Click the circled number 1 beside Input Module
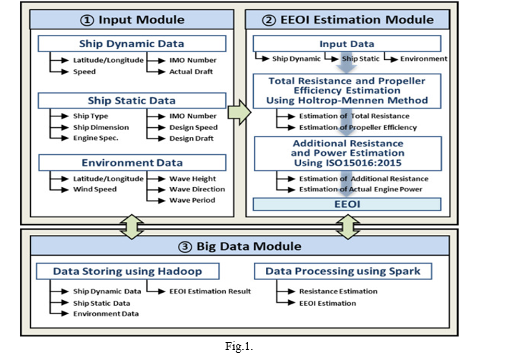(x=87, y=20)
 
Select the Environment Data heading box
(x=132, y=163)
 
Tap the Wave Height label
(x=192, y=179)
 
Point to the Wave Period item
(x=192, y=200)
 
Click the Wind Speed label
(x=95, y=189)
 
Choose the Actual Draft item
(x=191, y=71)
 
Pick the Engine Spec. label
(x=95, y=139)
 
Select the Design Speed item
(x=194, y=127)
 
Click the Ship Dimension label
(x=101, y=127)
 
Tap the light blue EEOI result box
(x=347, y=204)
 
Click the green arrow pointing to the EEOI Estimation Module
(x=239, y=112)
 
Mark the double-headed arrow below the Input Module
(x=132, y=226)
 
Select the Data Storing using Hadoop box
(x=127, y=271)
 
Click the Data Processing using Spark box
(x=343, y=271)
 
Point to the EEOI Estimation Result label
(x=209, y=291)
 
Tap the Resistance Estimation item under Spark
(x=338, y=291)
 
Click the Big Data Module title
(x=239, y=246)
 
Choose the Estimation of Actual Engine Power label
(x=360, y=189)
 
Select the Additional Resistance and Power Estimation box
(x=348, y=154)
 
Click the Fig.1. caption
(x=239, y=346)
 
